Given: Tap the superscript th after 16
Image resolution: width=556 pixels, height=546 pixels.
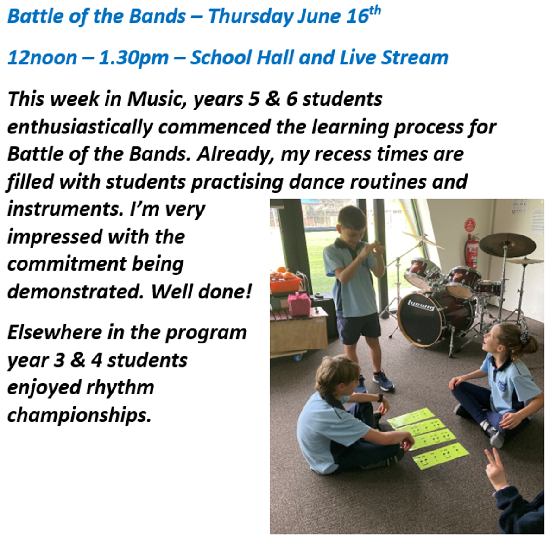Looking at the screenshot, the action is tap(374, 11).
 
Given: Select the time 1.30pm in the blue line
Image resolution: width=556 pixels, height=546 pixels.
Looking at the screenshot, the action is tap(133, 58).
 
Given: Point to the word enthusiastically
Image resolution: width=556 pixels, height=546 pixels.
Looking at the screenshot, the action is tap(80, 127).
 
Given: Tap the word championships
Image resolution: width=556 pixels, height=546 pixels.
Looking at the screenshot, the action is tap(79, 416).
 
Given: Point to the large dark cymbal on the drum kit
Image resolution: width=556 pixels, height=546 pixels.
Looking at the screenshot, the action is tap(507, 244).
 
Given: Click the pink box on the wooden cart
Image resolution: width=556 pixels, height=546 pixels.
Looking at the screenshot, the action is tap(299, 304).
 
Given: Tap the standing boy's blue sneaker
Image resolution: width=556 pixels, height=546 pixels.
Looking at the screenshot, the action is tap(383, 381).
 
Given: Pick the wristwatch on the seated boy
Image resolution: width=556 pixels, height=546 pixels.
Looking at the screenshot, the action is tap(380, 398).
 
